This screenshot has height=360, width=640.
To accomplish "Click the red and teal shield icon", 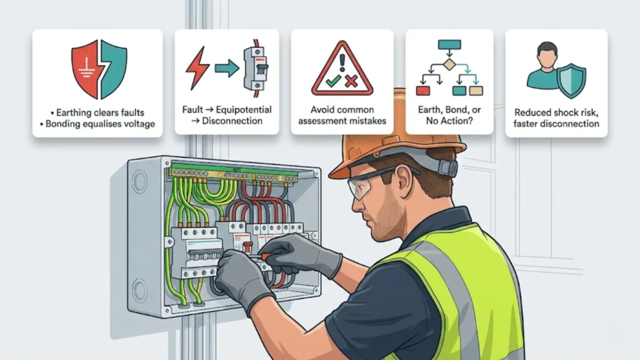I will tap(99, 69).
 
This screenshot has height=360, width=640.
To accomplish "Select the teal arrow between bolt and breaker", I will tap(227, 68).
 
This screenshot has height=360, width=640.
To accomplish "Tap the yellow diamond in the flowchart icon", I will tap(449, 64).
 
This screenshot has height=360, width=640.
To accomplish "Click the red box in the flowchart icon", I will tap(423, 91).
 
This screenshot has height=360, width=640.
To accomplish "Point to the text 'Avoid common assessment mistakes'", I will tap(342, 115).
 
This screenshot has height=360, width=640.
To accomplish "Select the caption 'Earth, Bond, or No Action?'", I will tap(449, 115).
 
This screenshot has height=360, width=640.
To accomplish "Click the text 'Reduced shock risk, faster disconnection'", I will tap(556, 118).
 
